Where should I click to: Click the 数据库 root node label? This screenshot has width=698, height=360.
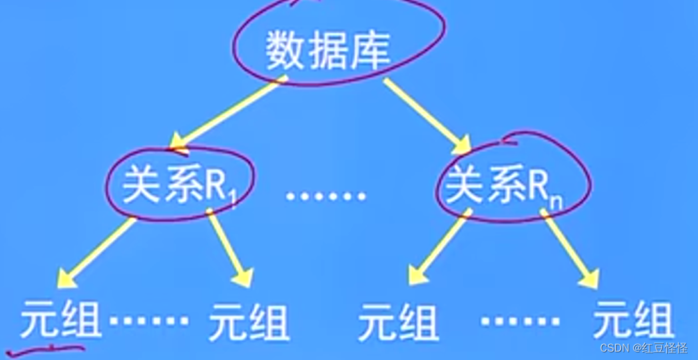[327, 49]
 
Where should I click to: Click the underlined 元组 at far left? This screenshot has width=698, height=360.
[61, 321]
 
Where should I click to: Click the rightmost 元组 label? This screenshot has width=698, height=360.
[633, 321]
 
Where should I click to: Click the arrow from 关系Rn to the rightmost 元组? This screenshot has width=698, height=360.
[570, 250]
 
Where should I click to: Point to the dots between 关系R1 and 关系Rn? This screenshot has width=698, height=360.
[327, 195]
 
